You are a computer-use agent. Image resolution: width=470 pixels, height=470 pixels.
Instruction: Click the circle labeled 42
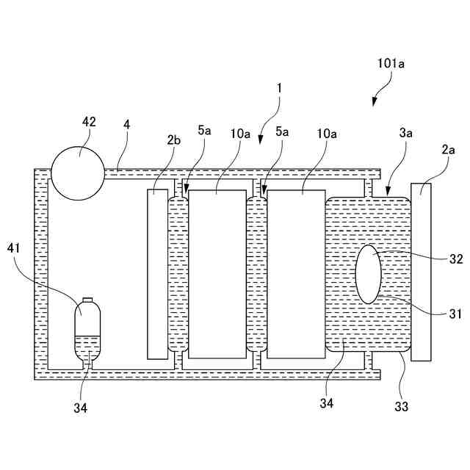(78, 173)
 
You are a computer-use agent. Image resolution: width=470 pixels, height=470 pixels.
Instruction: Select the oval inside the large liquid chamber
(369, 274)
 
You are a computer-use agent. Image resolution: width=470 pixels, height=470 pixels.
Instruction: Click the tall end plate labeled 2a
(422, 272)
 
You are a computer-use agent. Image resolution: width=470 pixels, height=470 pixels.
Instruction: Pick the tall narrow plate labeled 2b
(158, 274)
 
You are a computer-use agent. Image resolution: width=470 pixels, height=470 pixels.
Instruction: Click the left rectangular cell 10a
(217, 274)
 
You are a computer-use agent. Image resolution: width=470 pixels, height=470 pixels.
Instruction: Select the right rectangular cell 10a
(296, 274)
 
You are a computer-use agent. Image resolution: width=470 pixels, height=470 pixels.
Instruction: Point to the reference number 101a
(391, 64)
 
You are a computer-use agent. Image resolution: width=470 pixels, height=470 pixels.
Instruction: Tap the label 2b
(173, 140)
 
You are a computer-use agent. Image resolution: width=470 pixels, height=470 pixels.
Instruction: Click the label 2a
(447, 149)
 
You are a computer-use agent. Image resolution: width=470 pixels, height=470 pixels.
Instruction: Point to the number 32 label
(455, 258)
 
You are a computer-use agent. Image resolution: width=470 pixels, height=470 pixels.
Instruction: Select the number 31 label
(455, 314)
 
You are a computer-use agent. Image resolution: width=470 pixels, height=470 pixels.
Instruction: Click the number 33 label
(402, 405)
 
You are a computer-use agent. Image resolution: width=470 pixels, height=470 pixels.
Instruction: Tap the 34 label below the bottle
(80, 408)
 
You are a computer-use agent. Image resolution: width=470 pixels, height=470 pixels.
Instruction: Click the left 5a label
(204, 131)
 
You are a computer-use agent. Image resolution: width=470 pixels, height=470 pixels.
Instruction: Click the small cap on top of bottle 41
(87, 300)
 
